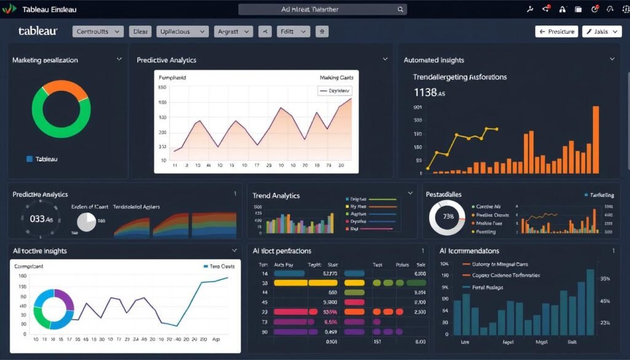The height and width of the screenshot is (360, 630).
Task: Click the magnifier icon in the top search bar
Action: coord(401,9)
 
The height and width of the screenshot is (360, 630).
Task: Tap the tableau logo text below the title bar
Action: coord(38,31)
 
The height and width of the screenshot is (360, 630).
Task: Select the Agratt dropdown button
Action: coord(234,31)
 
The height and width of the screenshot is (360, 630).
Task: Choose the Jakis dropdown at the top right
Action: coord(601,31)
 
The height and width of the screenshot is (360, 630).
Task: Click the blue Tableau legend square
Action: coord(30,159)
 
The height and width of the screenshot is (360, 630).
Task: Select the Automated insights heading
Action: coord(434,60)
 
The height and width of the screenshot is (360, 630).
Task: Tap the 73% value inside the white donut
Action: coord(448,217)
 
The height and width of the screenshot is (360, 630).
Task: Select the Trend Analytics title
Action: coord(276,195)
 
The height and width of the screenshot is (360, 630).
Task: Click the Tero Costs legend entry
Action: coord(218,266)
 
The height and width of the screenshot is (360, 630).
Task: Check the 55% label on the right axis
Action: coord(605,278)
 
